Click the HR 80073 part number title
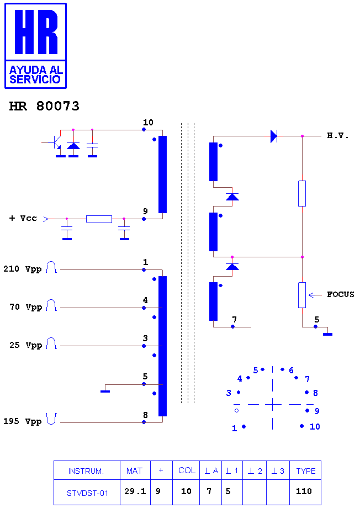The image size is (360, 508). [x=44, y=106]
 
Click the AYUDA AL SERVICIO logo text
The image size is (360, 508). [x=35, y=75]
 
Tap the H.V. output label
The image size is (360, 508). [x=338, y=135]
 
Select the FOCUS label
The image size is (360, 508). [x=340, y=294]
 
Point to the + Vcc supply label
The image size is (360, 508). [x=23, y=218]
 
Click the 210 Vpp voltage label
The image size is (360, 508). [x=23, y=269]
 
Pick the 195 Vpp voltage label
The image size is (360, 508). [x=23, y=421]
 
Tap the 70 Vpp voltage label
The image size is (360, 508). [x=26, y=307]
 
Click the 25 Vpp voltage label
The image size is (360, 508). [x=26, y=345]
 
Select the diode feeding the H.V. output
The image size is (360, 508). [x=274, y=136]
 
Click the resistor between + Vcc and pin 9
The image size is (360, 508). [x=99, y=219]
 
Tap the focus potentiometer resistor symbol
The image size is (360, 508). [x=302, y=295]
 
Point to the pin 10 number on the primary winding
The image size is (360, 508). [x=148, y=123]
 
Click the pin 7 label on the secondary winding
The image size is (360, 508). [x=234, y=320]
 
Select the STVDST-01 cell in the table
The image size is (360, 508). [x=87, y=493]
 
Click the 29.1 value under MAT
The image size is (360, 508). [x=135, y=491]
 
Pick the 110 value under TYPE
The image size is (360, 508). [x=304, y=491]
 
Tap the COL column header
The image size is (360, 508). [x=187, y=470]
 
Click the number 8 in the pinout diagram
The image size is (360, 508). [x=315, y=393]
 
